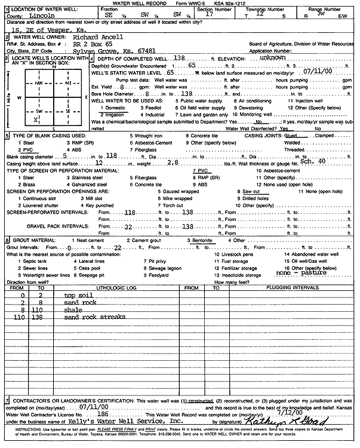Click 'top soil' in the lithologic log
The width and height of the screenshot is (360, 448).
coord(78,294)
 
